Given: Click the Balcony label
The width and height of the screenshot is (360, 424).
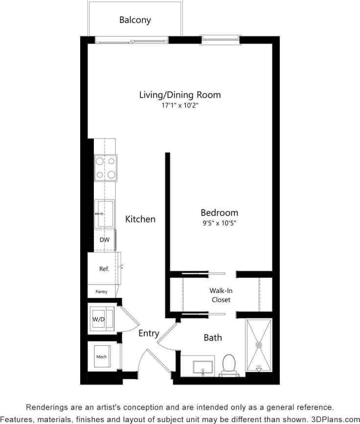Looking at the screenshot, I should [135, 20].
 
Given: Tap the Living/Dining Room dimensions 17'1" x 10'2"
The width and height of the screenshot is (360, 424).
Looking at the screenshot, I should [180, 105].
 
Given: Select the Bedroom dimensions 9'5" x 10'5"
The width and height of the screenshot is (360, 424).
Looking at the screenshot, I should [219, 223].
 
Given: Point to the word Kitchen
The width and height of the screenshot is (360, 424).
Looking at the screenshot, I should [140, 219].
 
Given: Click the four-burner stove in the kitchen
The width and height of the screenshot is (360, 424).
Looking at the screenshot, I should [106, 167].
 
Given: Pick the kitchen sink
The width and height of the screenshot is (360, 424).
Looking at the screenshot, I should [105, 214].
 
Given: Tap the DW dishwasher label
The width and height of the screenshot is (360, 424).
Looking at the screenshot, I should [104, 240].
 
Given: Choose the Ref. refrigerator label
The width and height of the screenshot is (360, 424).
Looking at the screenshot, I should [104, 269].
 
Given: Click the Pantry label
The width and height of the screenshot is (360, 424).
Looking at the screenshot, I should [101, 292].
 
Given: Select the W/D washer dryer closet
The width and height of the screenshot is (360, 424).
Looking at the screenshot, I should [99, 319].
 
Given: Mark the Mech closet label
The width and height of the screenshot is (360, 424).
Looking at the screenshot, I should [101, 357].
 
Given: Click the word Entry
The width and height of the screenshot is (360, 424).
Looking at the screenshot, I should [149, 333].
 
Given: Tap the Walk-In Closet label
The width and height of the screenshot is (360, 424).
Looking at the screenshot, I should [221, 295].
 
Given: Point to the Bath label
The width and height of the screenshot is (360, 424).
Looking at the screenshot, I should [213, 337].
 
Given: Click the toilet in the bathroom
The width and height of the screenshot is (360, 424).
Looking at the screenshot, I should [228, 365].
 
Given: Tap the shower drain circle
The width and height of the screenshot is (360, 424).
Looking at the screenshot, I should [259, 345].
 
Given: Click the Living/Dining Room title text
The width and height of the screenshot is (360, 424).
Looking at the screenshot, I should [180, 94].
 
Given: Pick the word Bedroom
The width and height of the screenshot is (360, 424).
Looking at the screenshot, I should [219, 213].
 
